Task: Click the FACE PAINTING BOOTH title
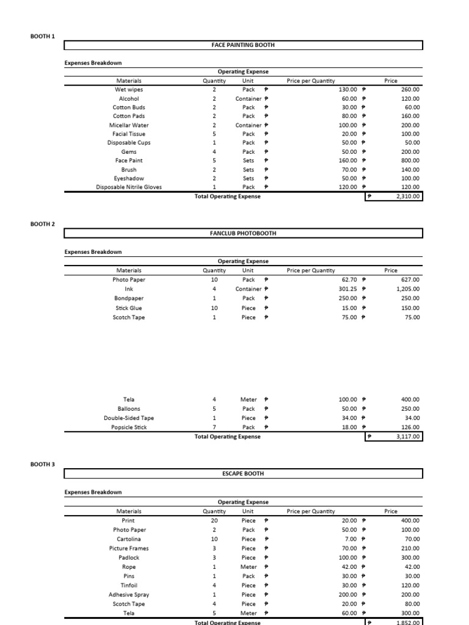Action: (243, 45)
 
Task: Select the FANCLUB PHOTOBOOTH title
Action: (243, 233)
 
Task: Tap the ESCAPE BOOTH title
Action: (243, 473)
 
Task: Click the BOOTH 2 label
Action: (43, 224)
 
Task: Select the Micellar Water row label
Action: (129, 125)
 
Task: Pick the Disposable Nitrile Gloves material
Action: (129, 187)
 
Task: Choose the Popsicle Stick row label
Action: (129, 427)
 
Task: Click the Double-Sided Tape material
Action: (129, 418)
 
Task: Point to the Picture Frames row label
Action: (129, 548)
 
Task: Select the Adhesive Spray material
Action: (129, 594)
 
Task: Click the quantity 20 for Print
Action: (214, 521)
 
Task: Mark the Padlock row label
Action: (129, 557)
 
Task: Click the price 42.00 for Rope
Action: (412, 567)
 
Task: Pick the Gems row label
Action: (129, 151)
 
